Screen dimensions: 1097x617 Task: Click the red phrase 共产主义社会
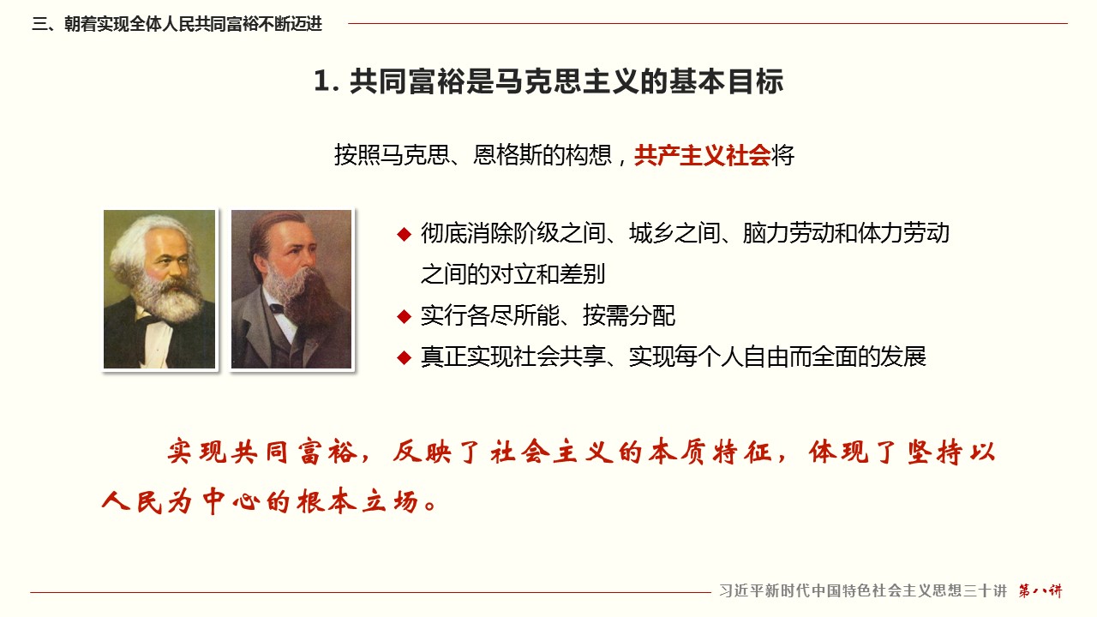point(702,156)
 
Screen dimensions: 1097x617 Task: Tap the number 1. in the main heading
point(327,81)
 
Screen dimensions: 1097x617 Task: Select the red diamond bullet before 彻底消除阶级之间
point(404,234)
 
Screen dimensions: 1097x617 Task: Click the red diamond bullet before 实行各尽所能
point(404,316)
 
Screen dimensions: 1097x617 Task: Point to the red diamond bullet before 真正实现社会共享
point(404,357)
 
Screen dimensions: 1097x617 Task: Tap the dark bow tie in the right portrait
point(277,308)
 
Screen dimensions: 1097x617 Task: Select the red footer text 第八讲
point(1040,591)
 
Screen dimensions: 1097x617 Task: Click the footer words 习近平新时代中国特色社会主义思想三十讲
point(863,591)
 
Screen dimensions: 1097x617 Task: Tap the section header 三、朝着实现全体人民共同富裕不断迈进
point(177,24)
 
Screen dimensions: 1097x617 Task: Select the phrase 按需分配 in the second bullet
point(629,316)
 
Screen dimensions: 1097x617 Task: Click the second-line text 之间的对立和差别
point(513,274)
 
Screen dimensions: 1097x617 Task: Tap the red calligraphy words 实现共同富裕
point(262,452)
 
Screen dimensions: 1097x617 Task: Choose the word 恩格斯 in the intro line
point(507,156)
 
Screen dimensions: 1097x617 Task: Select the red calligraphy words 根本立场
point(358,501)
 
